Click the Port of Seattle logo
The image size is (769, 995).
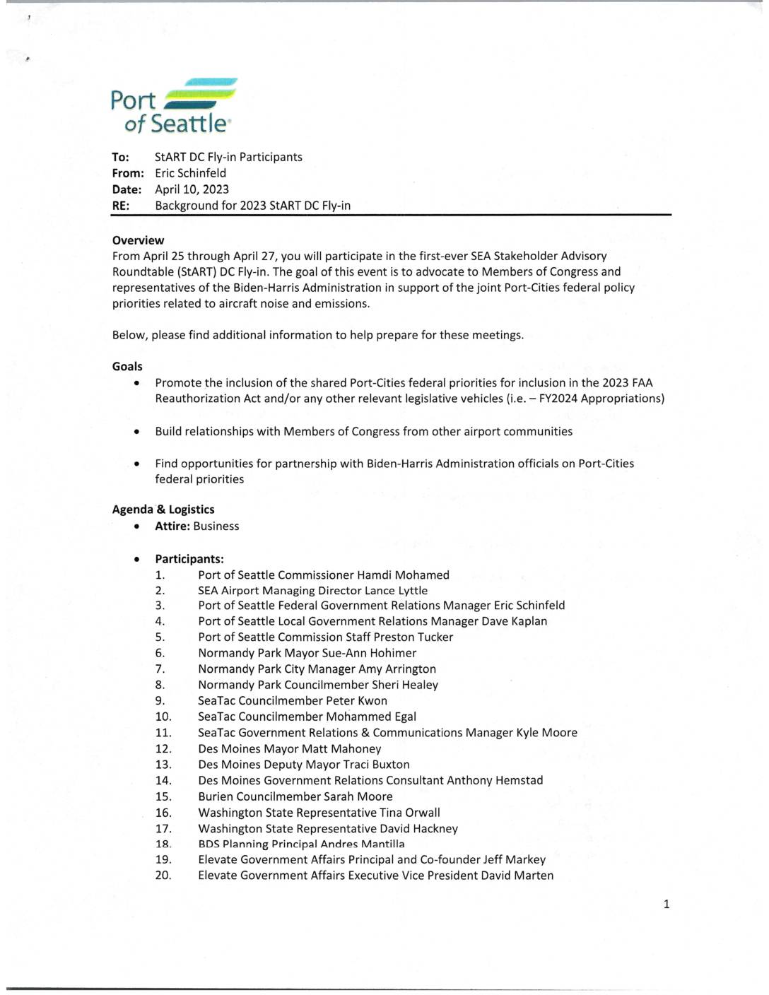click(173, 106)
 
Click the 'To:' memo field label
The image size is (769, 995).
click(120, 157)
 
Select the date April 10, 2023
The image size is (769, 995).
click(192, 189)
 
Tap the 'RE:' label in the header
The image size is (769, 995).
click(120, 206)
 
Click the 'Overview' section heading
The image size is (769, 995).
click(138, 240)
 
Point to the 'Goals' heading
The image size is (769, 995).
click(127, 366)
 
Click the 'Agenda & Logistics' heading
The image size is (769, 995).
click(163, 510)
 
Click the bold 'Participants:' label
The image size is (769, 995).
click(189, 559)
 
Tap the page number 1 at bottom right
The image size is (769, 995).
click(667, 904)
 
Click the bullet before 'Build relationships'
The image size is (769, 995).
click(136, 432)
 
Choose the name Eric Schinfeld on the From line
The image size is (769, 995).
click(191, 173)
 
